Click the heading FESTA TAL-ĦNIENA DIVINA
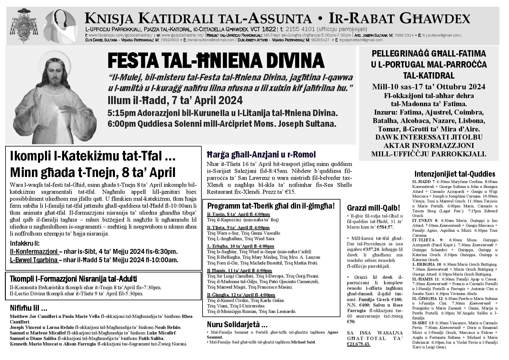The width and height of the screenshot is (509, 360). (x=216, y=60)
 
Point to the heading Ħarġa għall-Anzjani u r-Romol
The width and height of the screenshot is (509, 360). (x=261, y=154)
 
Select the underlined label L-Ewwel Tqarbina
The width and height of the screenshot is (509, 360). (x=34, y=260)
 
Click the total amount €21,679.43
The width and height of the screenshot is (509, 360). (x=358, y=344)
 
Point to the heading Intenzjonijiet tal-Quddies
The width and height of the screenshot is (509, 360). (x=454, y=174)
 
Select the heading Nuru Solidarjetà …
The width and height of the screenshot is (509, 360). (x=237, y=324)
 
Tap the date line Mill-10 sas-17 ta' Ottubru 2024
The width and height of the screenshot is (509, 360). (x=429, y=87)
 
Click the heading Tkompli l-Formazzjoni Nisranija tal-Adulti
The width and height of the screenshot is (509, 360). (x=73, y=279)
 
